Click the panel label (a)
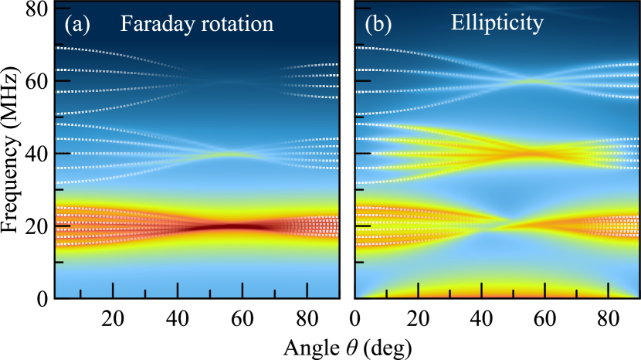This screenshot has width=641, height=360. point(77,25)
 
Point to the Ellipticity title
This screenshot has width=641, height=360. point(497,22)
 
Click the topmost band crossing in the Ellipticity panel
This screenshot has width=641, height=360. point(533,80)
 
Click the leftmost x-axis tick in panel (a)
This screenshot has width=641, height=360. point(80,293)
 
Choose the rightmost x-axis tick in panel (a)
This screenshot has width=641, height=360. point(307,290)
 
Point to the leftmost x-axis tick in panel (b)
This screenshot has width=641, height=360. point(386,293)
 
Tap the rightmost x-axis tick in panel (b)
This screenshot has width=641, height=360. point(608,290)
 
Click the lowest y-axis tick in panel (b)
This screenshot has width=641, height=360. point(359,263)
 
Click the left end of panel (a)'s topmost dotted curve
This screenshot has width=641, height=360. point(59,47)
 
